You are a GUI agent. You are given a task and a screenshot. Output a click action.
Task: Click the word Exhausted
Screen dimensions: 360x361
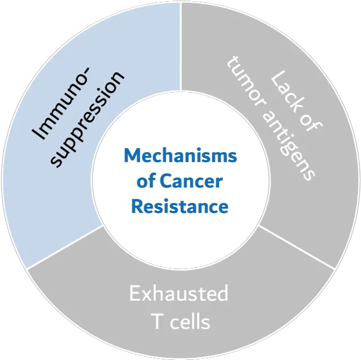[179, 294]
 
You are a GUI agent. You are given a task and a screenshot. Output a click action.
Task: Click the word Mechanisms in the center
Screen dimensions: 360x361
[180, 155]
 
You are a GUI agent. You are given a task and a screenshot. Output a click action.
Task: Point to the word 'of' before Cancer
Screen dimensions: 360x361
[147, 181]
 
